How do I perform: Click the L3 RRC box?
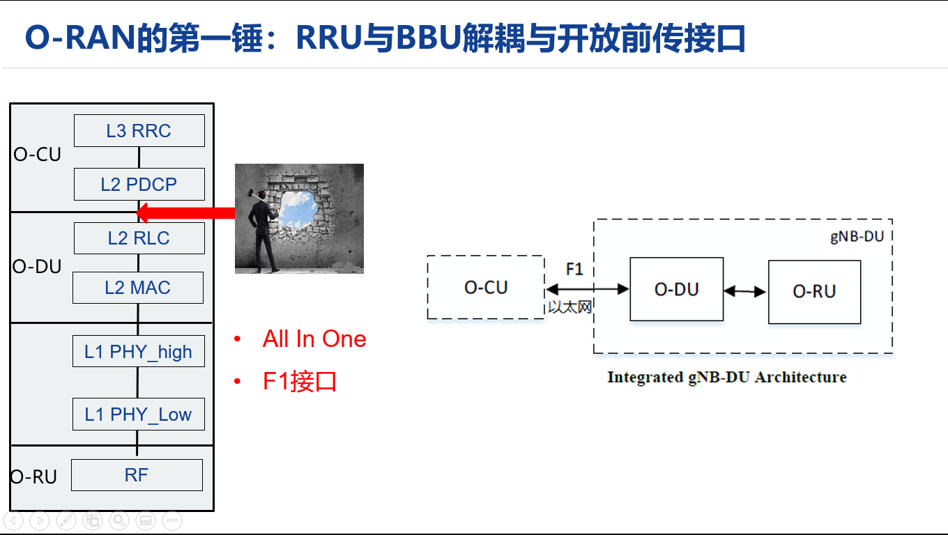139,131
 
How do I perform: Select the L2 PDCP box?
139,185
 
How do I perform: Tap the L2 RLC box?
139,238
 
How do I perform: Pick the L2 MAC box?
138,288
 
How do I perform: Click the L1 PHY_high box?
138,352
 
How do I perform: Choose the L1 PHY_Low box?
138,414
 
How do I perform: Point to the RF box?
137,475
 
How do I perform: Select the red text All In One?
314,339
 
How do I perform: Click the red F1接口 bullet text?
300,382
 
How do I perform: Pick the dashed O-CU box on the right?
486,287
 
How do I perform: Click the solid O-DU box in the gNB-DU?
676,289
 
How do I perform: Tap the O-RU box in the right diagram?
814,291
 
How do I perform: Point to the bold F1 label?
574,269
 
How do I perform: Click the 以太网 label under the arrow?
569,307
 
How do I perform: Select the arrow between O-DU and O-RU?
745,291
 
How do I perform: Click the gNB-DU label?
857,236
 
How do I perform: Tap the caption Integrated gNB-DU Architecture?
726,377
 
